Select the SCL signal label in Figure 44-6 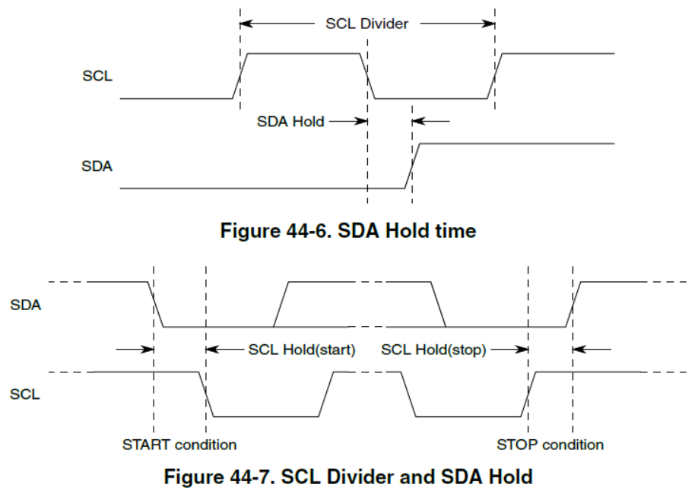(x=97, y=77)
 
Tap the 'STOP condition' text (x=550, y=444)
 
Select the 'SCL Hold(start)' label (x=302, y=350)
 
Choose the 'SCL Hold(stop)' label (x=433, y=350)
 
